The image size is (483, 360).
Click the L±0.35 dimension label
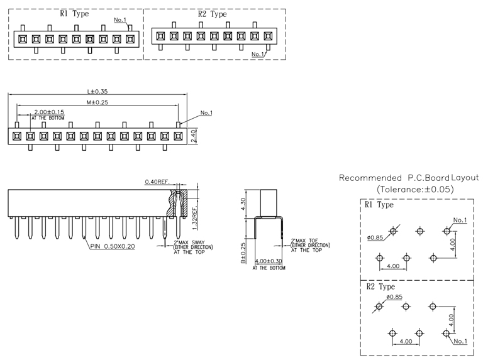tap(97, 92)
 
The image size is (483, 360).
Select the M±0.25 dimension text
tap(97, 102)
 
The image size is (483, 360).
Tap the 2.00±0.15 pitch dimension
tap(48, 111)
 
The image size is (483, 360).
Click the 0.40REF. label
tap(157, 182)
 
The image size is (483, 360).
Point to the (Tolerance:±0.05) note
tap(415, 188)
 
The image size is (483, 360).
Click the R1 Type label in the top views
tap(74, 13)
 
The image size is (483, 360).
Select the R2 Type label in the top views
tap(212, 13)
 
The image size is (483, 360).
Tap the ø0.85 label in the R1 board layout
tap(376, 238)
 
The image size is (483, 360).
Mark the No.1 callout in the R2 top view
tap(258, 55)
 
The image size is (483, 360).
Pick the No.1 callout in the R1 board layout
tap(460, 220)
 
